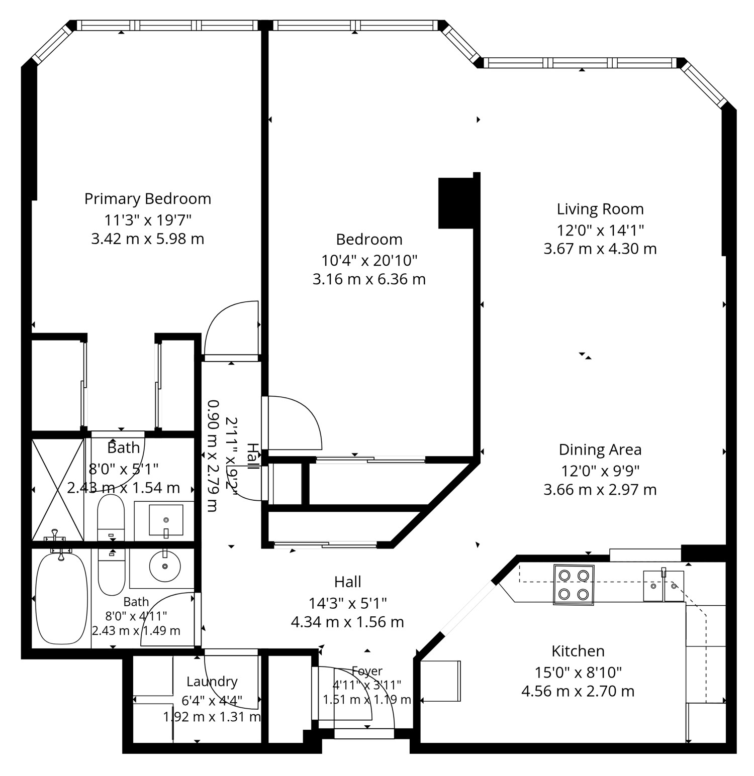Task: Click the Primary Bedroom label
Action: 147,199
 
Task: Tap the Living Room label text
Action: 600,209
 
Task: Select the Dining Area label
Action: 600,450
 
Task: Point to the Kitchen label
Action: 578,651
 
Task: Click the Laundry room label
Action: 212,682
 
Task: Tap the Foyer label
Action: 367,671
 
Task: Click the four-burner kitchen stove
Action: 574,585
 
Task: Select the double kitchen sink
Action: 664,586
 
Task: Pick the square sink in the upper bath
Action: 166,520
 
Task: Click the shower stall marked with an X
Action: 57,489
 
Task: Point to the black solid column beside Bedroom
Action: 456,203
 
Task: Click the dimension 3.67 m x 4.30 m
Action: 600,249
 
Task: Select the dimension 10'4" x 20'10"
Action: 369,260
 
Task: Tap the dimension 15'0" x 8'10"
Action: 578,672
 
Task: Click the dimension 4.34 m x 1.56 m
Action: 347,622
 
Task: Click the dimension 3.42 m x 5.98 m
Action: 148,239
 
